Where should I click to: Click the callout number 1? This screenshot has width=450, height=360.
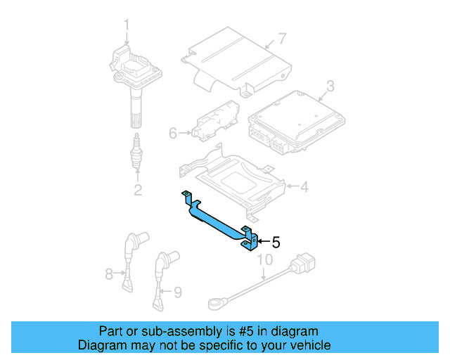(x=127, y=26)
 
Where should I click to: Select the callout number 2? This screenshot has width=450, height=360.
(x=138, y=189)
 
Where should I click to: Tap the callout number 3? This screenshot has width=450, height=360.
(x=329, y=88)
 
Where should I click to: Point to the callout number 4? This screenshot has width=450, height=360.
(x=304, y=187)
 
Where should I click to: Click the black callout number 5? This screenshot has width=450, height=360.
(x=276, y=243)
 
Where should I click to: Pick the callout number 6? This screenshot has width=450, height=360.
(x=172, y=131)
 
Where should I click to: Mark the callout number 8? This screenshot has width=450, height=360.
(x=109, y=273)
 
